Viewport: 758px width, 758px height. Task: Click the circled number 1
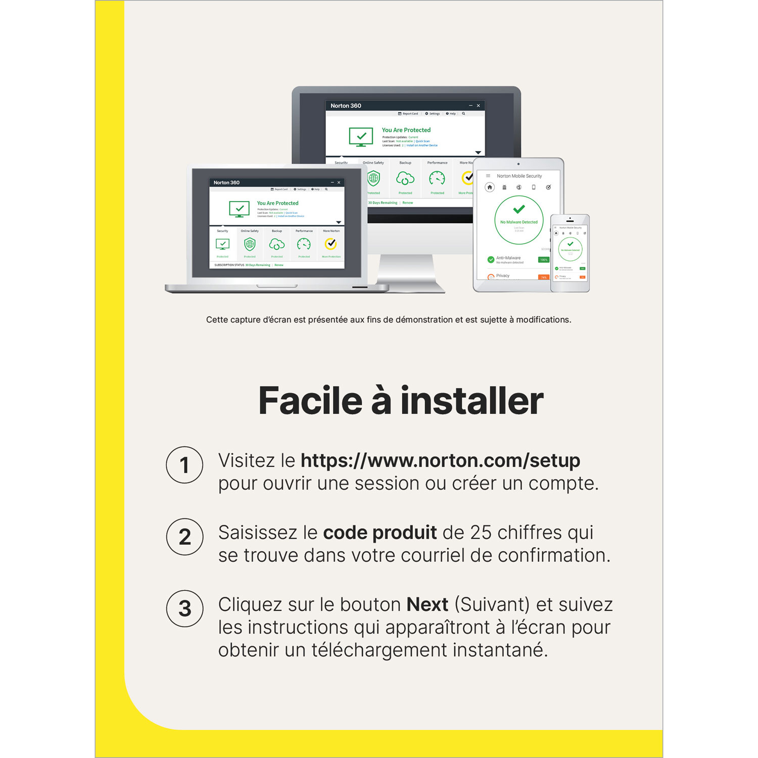pos(184,465)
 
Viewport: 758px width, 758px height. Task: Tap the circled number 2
pos(184,537)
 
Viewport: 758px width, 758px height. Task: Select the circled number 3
pos(184,608)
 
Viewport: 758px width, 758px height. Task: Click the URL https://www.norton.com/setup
pos(440,460)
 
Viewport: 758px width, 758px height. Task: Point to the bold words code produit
pos(380,533)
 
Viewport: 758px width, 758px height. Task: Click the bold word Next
pos(427,604)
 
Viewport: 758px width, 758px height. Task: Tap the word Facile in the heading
pos(310,401)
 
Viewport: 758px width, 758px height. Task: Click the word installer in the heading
pos(471,401)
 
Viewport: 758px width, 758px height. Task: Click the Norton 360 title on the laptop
pos(226,182)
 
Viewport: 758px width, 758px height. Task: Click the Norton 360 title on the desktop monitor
pos(346,106)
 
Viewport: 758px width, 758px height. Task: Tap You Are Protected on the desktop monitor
pos(406,130)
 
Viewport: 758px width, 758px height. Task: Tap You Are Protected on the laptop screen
pos(277,203)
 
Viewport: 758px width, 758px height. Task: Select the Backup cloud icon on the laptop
pos(277,245)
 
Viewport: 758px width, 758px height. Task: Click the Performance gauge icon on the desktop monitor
pos(437,178)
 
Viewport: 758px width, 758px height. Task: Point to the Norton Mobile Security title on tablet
pos(519,176)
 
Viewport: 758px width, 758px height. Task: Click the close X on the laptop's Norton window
pos(339,182)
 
